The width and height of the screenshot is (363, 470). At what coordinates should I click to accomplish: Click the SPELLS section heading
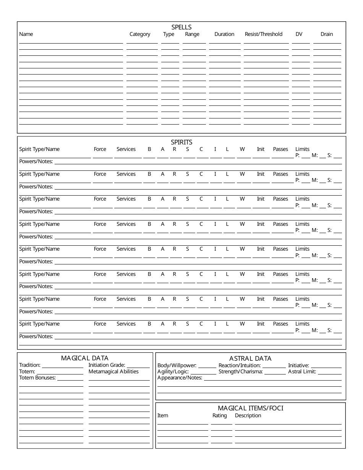pyautogui.click(x=181, y=27)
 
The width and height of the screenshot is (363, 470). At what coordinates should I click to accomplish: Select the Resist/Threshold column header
pyautogui.click(x=263, y=34)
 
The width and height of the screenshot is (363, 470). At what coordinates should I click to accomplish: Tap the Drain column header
pyautogui.click(x=326, y=34)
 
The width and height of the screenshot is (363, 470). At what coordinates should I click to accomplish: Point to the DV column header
pyautogui.click(x=299, y=34)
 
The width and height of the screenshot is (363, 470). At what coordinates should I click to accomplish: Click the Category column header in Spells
pyautogui.click(x=140, y=34)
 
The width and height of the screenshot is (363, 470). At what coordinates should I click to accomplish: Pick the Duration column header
pyautogui.click(x=224, y=34)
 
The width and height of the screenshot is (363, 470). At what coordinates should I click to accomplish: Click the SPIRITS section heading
pyautogui.click(x=181, y=142)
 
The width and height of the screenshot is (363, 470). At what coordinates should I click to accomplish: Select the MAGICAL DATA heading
pyautogui.click(x=85, y=358)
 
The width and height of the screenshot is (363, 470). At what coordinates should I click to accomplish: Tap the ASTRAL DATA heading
pyautogui.click(x=250, y=358)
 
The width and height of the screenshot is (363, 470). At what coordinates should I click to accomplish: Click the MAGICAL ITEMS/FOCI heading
pyautogui.click(x=250, y=408)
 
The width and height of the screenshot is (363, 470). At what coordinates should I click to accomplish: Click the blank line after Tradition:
pyautogui.click(x=62, y=366)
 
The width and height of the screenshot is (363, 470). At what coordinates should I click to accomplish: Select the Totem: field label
pyautogui.click(x=27, y=371)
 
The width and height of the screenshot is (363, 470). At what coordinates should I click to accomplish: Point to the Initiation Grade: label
pyautogui.click(x=107, y=365)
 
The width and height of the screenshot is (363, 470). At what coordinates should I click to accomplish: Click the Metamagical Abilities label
pyautogui.click(x=113, y=371)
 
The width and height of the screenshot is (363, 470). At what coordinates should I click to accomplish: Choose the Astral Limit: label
pyautogui.click(x=302, y=371)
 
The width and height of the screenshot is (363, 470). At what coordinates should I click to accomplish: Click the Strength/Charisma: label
pyautogui.click(x=240, y=371)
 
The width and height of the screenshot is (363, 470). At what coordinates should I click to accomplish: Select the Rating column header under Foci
pyautogui.click(x=219, y=415)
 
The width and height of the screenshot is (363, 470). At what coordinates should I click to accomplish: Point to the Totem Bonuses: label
pyautogui.click(x=37, y=378)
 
